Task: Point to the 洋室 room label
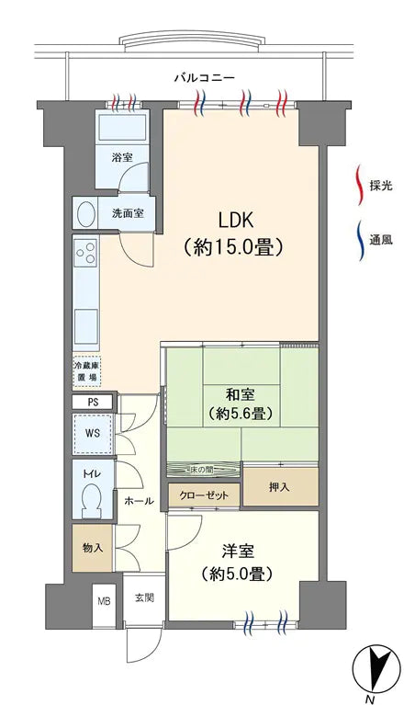pyautogui.click(x=237, y=551)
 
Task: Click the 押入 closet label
pyautogui.click(x=280, y=486)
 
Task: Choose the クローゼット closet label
pyautogui.click(x=205, y=495)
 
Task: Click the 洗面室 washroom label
pyautogui.click(x=128, y=213)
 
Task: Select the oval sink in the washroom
pyautogui.click(x=86, y=213)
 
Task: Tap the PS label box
pyautogui.click(x=93, y=403)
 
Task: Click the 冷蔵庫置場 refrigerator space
pyautogui.click(x=88, y=370)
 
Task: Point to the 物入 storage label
pyautogui.click(x=93, y=548)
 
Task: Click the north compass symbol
pyautogui.click(x=377, y=665)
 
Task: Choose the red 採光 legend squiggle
pyautogui.click(x=359, y=185)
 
